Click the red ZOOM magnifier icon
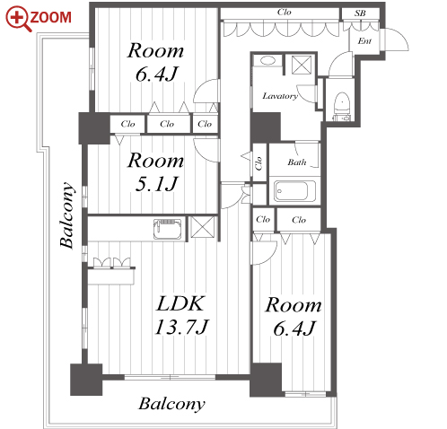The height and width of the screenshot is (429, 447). pyautogui.click(x=19, y=19)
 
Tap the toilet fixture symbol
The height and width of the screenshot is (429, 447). pyautogui.click(x=341, y=106)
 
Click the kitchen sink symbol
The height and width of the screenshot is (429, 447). pyautogui.click(x=168, y=229)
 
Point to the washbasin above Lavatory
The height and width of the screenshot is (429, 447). pyautogui.click(x=267, y=61)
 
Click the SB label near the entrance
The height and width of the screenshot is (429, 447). pyautogui.click(x=360, y=13)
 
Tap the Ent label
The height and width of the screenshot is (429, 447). pyautogui.click(x=364, y=40)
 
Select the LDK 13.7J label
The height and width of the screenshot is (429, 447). pyautogui.click(x=181, y=315)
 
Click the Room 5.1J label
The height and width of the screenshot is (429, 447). pyautogui.click(x=155, y=171)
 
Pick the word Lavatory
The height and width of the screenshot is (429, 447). pyautogui.click(x=280, y=96)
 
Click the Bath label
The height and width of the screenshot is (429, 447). pyautogui.click(x=297, y=162)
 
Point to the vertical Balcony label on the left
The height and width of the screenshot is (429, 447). pyautogui.click(x=66, y=215)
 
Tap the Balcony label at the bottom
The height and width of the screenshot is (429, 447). pyautogui.click(x=171, y=404)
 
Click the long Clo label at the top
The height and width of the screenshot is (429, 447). pyautogui.click(x=284, y=12)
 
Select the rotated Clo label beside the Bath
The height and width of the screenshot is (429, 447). pyautogui.click(x=259, y=163)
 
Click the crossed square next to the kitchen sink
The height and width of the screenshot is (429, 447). pyautogui.click(x=203, y=227)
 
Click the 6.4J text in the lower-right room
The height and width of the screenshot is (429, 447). pyautogui.click(x=294, y=328)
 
